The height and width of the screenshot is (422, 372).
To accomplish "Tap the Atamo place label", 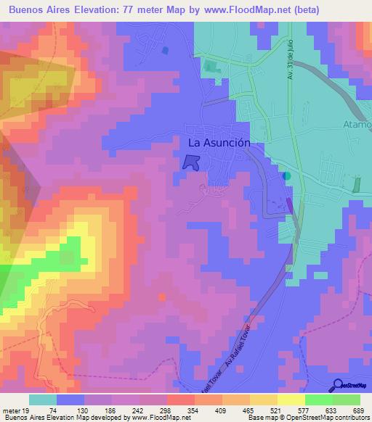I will point(357,124).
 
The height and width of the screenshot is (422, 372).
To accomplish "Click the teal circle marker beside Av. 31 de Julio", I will point(286,175).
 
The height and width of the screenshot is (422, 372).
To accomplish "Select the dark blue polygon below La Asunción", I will point(190,164).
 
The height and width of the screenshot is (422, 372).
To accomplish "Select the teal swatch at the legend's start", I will point(43,400).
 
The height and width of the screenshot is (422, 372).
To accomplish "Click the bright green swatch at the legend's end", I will point(346,400).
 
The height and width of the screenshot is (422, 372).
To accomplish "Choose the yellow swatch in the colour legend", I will point(291,400).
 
